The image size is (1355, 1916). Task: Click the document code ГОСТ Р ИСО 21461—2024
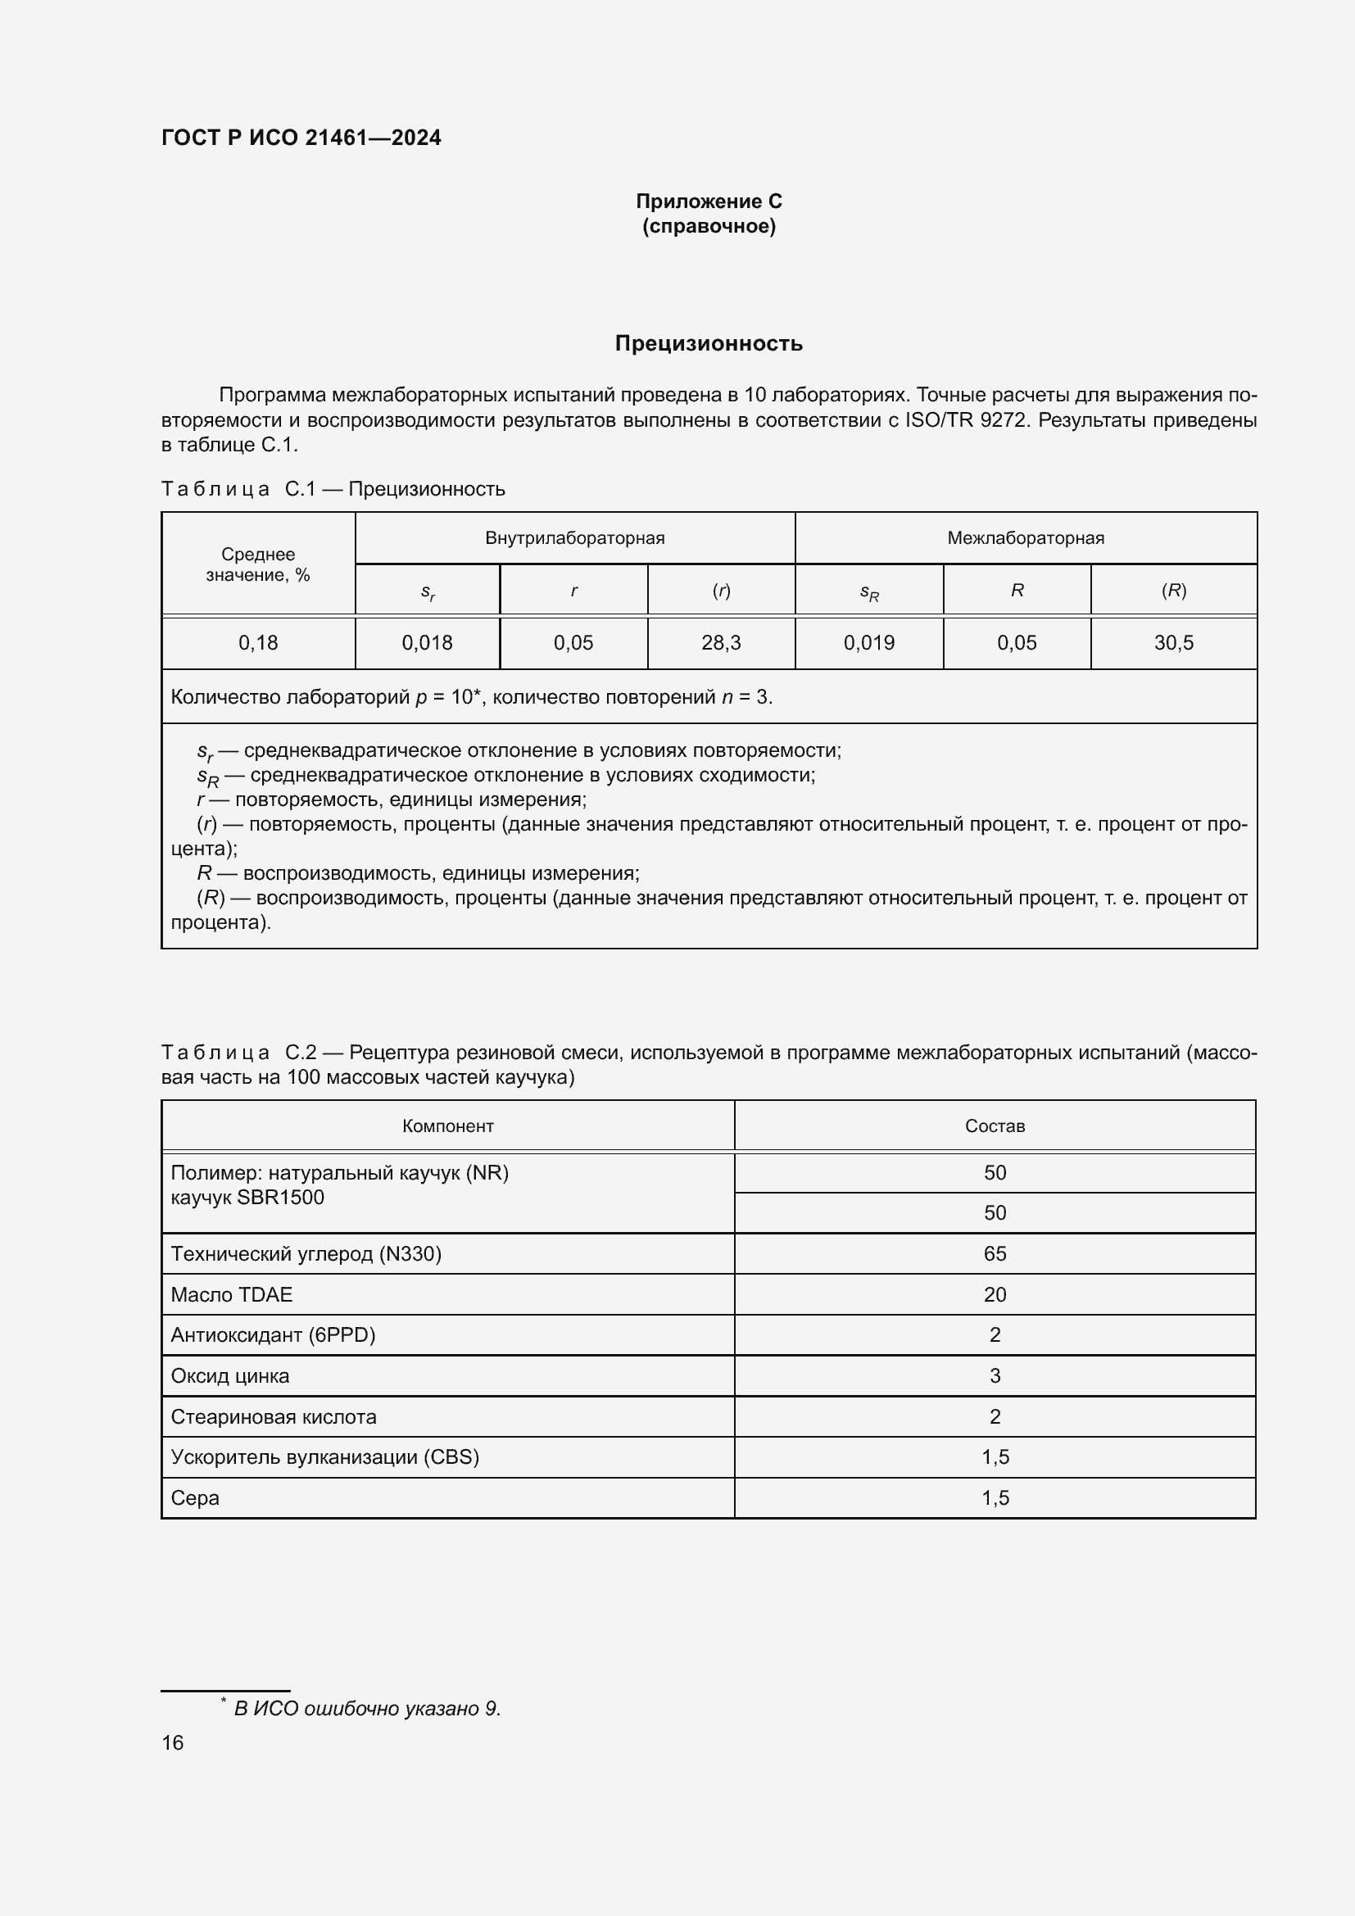point(301,138)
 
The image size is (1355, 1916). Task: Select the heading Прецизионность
point(709,343)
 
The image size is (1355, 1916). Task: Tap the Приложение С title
point(709,202)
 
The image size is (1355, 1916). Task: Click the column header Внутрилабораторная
point(575,538)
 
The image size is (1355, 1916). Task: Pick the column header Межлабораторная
point(1026,538)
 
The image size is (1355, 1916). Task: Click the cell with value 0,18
point(258,642)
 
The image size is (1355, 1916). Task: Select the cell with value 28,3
point(721,642)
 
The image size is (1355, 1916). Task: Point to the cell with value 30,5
point(1173,642)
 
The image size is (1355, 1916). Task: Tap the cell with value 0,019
point(868,642)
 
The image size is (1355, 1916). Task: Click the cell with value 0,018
point(427,642)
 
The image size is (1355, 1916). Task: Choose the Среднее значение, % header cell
point(258,565)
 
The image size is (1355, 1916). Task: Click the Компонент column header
point(448,1126)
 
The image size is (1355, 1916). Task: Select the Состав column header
point(995,1126)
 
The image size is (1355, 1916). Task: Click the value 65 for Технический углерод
point(995,1253)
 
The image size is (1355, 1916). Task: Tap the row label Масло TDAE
point(232,1294)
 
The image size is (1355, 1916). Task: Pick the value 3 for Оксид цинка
point(995,1375)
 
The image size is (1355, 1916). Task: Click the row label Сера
point(195,1498)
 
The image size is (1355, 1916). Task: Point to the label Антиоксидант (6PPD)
point(274,1334)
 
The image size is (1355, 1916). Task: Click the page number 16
point(173,1742)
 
